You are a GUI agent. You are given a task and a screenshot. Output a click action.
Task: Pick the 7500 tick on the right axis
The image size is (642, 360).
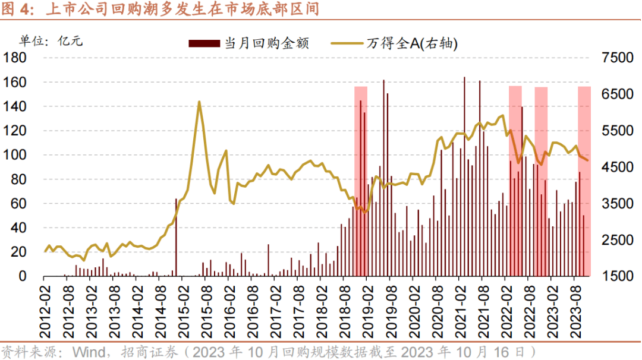pyautogui.click(x=618, y=58)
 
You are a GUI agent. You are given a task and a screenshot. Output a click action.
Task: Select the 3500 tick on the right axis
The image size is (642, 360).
pyautogui.click(x=618, y=204)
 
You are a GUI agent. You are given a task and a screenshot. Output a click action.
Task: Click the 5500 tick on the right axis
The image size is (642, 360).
pyautogui.click(x=618, y=131)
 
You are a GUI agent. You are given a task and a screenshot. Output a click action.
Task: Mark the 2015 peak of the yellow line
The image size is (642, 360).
pyautogui.click(x=199, y=102)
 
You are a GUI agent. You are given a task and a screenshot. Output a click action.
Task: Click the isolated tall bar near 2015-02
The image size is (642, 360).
pyautogui.click(x=176, y=238)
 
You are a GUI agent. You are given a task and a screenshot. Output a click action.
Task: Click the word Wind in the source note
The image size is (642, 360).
pyautogui.click(x=86, y=351)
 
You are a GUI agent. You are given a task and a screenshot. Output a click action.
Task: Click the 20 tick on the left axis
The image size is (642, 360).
pyautogui.click(x=20, y=252)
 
